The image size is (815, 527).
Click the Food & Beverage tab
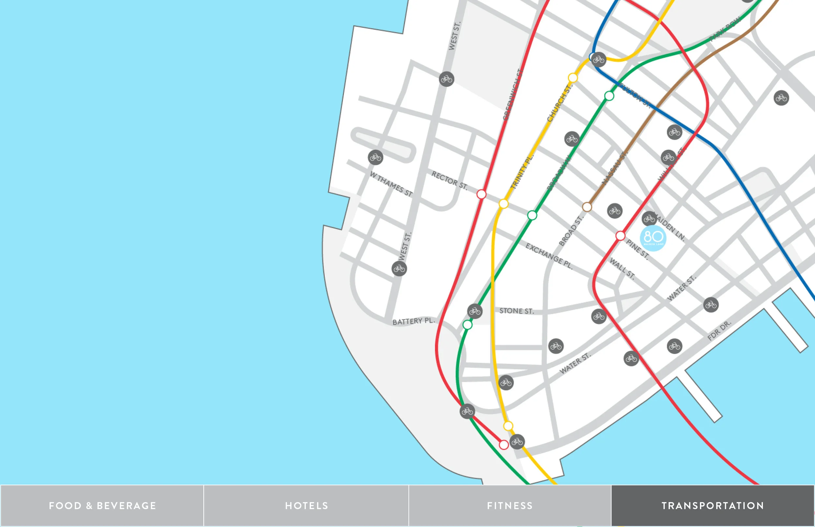click(x=102, y=506)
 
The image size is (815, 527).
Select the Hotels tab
click(x=306, y=506)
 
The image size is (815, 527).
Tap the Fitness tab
click(x=510, y=506)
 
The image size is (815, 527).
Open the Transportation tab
click(x=713, y=506)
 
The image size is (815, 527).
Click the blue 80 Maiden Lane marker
click(x=653, y=238)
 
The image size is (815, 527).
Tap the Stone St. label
click(x=516, y=311)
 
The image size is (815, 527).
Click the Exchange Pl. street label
click(x=549, y=256)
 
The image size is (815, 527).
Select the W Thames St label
click(x=391, y=184)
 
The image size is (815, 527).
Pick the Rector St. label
click(x=449, y=180)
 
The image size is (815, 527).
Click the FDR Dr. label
click(x=719, y=331)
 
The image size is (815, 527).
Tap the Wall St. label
click(x=622, y=269)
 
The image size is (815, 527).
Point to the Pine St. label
click(x=637, y=249)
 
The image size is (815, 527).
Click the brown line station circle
click(x=587, y=207)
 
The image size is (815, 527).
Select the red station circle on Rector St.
click(x=482, y=194)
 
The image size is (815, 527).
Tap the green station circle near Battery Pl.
click(x=467, y=324)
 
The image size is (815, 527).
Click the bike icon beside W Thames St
click(x=375, y=157)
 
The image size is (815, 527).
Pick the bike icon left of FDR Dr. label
click(x=674, y=346)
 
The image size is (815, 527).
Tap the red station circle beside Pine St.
click(x=620, y=236)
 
